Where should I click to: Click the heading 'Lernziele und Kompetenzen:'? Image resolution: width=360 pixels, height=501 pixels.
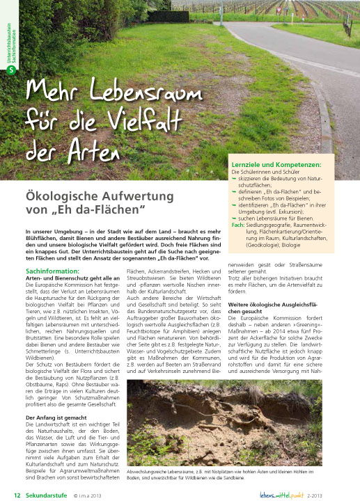point(276,164)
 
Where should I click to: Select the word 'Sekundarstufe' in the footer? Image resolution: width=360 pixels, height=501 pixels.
point(45,495)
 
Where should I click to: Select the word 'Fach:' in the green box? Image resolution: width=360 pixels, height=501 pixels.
point(237,225)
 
